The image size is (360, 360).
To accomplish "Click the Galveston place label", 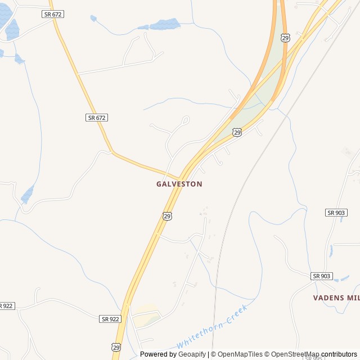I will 179,184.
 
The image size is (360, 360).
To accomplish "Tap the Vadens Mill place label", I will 336,297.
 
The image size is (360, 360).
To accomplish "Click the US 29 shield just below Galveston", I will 168,216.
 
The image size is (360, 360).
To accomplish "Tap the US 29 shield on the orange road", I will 286,38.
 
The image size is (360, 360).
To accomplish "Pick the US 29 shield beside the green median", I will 237,132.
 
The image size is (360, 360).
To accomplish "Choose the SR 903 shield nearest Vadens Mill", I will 322,276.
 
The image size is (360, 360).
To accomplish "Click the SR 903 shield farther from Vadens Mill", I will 336,212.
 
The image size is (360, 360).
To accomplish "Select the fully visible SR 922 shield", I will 111,319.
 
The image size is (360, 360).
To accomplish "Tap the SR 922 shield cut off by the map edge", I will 6,305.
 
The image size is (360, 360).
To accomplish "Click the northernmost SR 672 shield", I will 52,13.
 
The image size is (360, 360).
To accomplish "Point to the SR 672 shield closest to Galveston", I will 97,118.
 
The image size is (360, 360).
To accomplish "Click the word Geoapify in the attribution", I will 192,354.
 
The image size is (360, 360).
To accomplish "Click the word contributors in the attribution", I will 339,354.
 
